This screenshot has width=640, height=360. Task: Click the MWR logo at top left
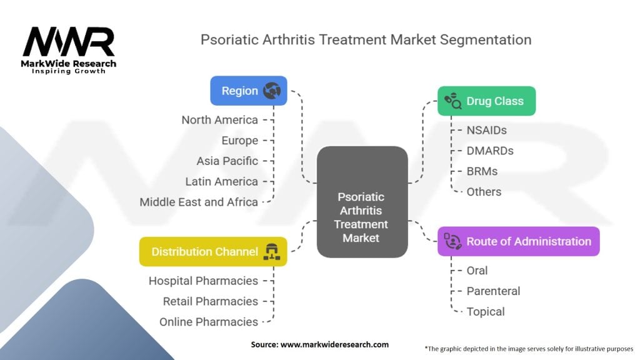pyautogui.click(x=69, y=50)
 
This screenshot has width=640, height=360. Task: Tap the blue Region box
pyautogui.click(x=249, y=91)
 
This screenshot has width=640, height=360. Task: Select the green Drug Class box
pyautogui.click(x=486, y=101)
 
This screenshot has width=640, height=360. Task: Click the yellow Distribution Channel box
pyautogui.click(x=213, y=251)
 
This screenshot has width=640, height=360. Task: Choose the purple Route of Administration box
pyautogui.click(x=518, y=241)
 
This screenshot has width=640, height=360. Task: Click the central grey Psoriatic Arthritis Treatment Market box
pyautogui.click(x=362, y=202)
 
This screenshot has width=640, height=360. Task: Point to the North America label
pyautogui.click(x=219, y=120)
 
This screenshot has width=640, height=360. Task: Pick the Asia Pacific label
pyautogui.click(x=227, y=161)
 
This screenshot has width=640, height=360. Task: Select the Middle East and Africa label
pyautogui.click(x=199, y=202)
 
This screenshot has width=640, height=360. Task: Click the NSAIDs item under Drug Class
pyautogui.click(x=486, y=130)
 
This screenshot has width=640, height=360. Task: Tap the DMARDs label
pyautogui.click(x=490, y=151)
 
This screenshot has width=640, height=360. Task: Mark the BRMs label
pyautogui.click(x=482, y=171)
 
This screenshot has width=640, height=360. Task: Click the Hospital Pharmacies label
pyautogui.click(x=203, y=281)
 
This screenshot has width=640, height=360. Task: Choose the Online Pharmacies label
pyautogui.click(x=209, y=322)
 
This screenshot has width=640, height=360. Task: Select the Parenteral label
pyautogui.click(x=493, y=291)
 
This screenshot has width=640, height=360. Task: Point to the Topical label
pyautogui.click(x=485, y=311)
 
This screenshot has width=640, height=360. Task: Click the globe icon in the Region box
pyautogui.click(x=272, y=91)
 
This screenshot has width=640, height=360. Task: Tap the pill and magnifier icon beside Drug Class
pyautogui.click(x=452, y=101)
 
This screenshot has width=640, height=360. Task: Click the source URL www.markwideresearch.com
pyautogui.click(x=334, y=344)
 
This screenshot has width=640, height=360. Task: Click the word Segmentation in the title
pyautogui.click(x=485, y=40)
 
